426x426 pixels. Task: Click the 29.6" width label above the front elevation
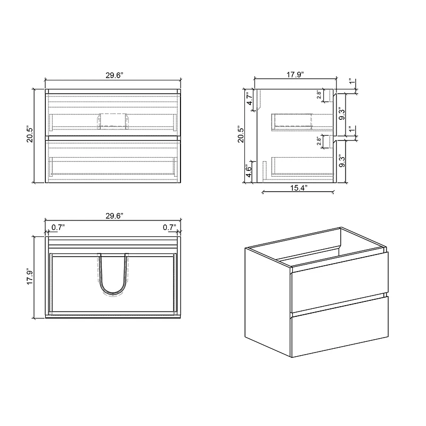point(114,75)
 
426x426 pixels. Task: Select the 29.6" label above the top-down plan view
point(114,216)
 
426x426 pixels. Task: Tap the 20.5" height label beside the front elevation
point(30,134)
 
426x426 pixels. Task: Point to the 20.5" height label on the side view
point(241,134)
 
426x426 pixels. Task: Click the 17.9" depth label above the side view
point(295,75)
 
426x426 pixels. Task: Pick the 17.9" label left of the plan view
point(30,276)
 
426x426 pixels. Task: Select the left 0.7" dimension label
point(58,227)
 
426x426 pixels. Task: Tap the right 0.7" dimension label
point(169,227)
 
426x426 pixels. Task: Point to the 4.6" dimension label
point(249,171)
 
